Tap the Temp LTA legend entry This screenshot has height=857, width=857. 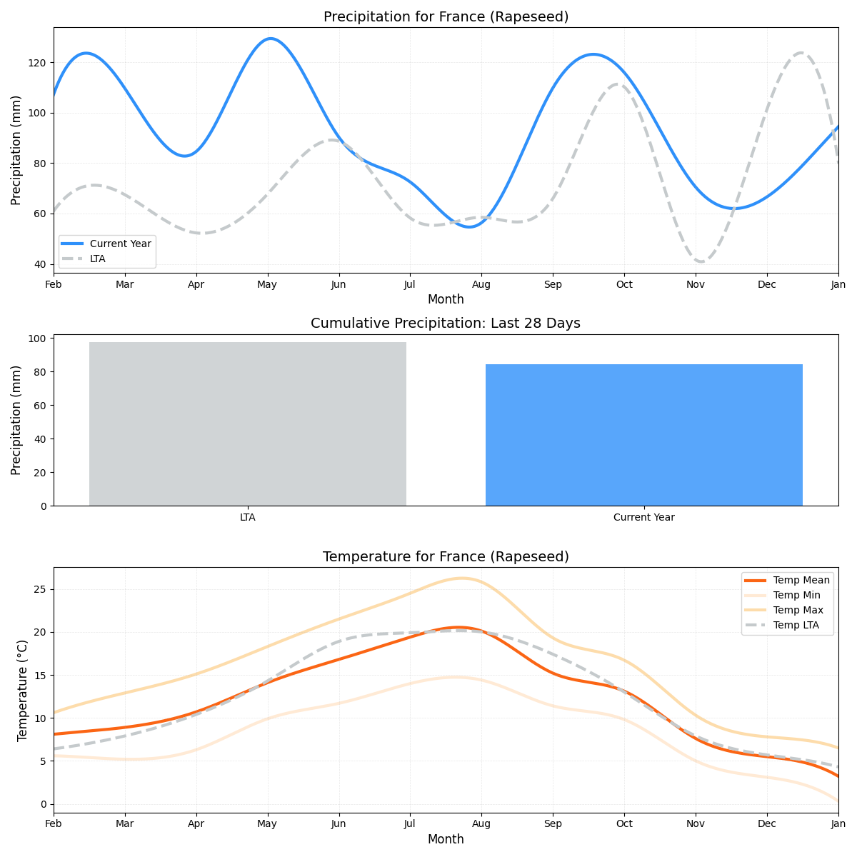click(x=796, y=626)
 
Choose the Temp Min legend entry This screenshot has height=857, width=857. click(x=796, y=595)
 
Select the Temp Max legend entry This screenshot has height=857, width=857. click(x=798, y=610)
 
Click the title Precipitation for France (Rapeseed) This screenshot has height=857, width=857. click(x=446, y=17)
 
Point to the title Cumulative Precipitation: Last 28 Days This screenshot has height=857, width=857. click(x=446, y=324)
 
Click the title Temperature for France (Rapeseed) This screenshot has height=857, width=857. click(x=446, y=557)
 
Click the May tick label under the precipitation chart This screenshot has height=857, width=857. click(x=267, y=284)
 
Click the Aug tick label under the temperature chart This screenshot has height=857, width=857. click(x=481, y=824)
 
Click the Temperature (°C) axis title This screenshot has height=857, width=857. click(x=22, y=690)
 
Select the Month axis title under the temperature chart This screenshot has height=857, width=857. click(x=446, y=839)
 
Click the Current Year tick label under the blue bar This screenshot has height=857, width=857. click(x=643, y=517)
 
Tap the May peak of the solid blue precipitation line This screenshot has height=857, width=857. click(x=270, y=39)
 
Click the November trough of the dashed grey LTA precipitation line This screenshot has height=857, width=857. click(x=700, y=261)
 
